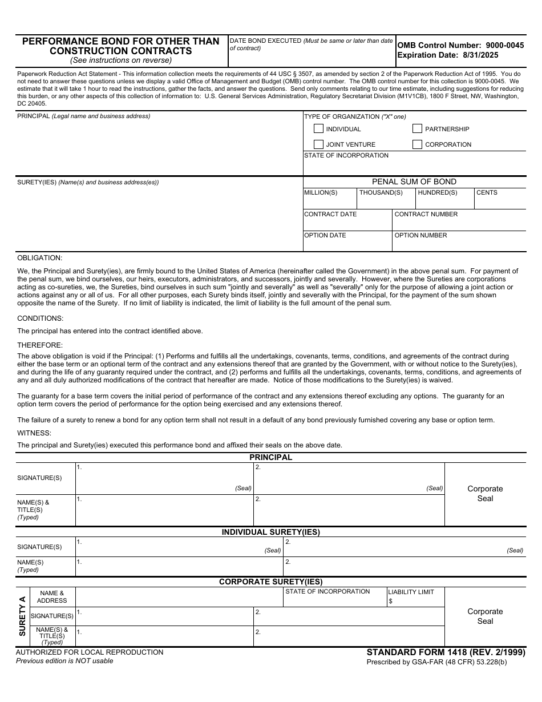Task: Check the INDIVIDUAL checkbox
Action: pyautogui.click(x=318, y=129)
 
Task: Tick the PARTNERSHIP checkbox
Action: pyautogui.click(x=417, y=129)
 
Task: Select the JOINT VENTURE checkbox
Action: pyautogui.click(x=318, y=144)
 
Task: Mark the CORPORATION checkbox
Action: pyautogui.click(x=417, y=144)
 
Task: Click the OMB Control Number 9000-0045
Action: pyautogui.click(x=460, y=45)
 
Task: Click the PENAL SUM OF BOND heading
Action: pyautogui.click(x=414, y=181)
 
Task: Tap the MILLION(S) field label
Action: pyautogui.click(x=321, y=193)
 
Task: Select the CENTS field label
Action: pyautogui.click(x=487, y=193)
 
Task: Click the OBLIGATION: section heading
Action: pyautogui.click(x=39, y=258)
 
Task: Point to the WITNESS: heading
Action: pyautogui.click(x=34, y=433)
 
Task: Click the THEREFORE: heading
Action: pyautogui.click(x=40, y=345)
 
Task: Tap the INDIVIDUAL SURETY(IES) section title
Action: pyautogui.click(x=270, y=532)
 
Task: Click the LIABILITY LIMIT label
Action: pyautogui.click(x=411, y=592)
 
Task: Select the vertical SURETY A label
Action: pyautogui.click(x=22, y=616)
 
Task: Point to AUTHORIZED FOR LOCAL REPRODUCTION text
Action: pyautogui.click(x=90, y=652)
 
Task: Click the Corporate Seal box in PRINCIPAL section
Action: pyautogui.click(x=485, y=494)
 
